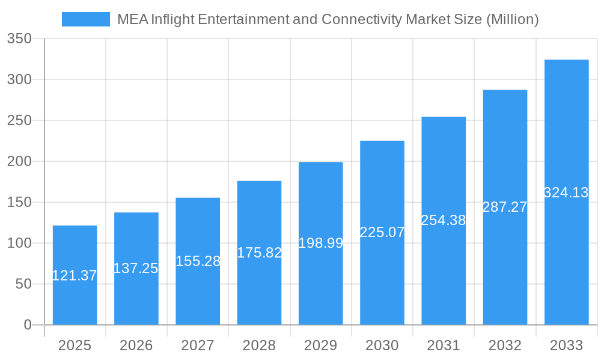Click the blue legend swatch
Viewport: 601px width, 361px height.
coord(86,19)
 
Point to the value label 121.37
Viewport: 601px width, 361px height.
coord(75,276)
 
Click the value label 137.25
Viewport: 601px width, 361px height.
coord(136,268)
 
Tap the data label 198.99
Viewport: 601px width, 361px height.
coord(321,243)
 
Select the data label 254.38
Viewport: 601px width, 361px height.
coord(444,220)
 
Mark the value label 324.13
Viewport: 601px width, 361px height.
coord(566,193)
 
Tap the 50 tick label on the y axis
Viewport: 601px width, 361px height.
coord(23,284)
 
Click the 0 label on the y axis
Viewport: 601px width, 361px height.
coord(28,325)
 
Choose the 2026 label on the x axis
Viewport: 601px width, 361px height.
coord(136,345)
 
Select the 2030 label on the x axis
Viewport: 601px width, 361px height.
coord(382,345)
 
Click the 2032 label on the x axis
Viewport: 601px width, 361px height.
coord(505,345)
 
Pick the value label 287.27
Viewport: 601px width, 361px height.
coord(505,207)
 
